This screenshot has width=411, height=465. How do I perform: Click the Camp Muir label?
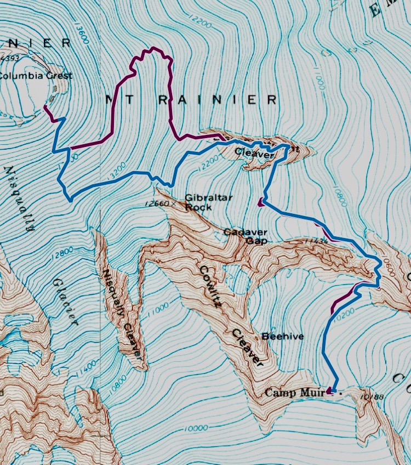pos(291,392)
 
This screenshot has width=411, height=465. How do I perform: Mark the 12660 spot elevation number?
pos(157,203)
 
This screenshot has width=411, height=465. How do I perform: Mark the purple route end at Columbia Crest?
pos(44,108)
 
